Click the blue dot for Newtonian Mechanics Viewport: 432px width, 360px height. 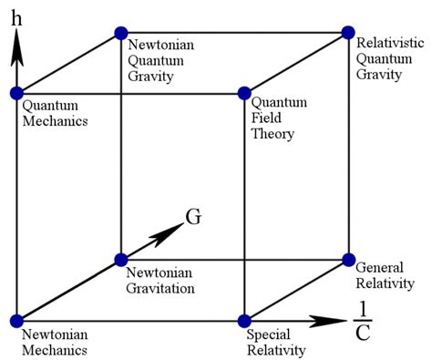coord(16,320)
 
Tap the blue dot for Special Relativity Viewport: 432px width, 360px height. coord(243,320)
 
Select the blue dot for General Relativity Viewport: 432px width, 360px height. coord(347,260)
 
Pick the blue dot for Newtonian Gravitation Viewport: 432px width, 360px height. coord(120,260)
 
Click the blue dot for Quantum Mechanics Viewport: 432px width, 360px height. coord(16,93)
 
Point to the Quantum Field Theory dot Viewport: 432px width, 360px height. coord(243,93)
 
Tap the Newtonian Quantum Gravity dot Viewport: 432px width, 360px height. coord(120,33)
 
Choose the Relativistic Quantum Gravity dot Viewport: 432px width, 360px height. coord(347,33)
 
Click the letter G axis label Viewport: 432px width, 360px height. coord(192,218)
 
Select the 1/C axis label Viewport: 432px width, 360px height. coord(362,321)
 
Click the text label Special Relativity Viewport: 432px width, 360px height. coord(276,342)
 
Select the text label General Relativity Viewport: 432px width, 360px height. coord(385,275)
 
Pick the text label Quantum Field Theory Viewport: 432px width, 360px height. coord(273,118)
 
